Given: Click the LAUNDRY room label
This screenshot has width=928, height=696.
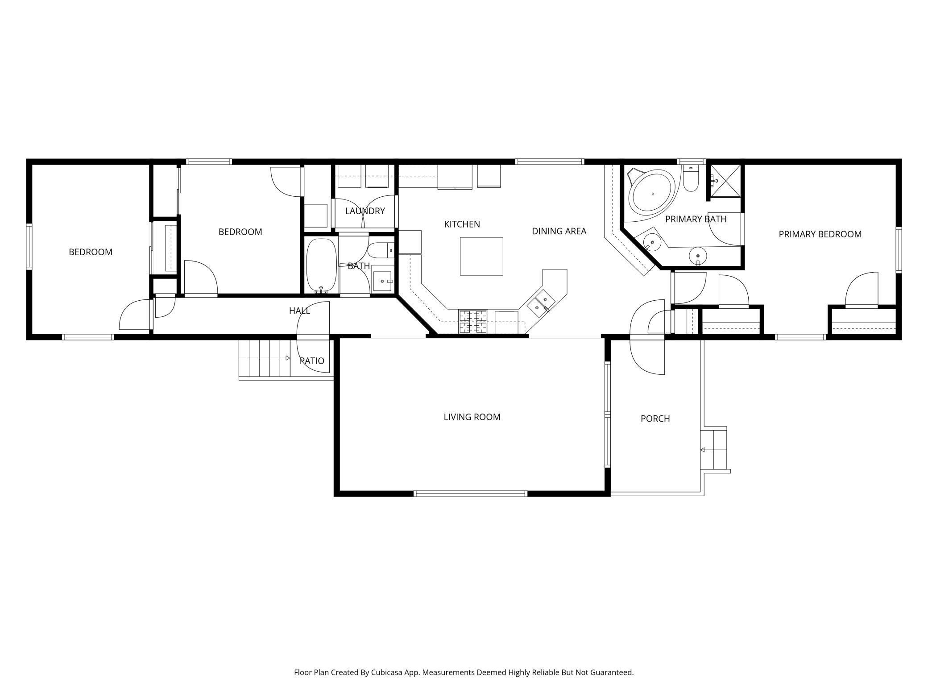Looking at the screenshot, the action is pyautogui.click(x=365, y=211).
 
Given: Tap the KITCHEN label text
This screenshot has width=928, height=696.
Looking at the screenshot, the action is pyautogui.click(x=462, y=224).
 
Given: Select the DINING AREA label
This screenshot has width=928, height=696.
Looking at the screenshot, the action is pyautogui.click(x=559, y=231).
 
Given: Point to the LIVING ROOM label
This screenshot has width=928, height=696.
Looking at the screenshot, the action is pyautogui.click(x=472, y=417).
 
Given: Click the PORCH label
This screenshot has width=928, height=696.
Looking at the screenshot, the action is pyautogui.click(x=655, y=418).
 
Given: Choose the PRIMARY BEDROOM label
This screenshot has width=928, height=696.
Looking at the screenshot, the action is pyautogui.click(x=820, y=234).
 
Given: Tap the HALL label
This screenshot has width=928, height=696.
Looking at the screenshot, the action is pyautogui.click(x=299, y=311).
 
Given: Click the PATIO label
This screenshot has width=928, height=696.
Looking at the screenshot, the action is pyautogui.click(x=312, y=361).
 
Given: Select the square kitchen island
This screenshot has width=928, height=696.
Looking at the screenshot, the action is pyautogui.click(x=481, y=256).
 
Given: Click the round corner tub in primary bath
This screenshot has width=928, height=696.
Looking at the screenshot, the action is pyautogui.click(x=653, y=193).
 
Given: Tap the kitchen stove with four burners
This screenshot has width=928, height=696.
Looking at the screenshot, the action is pyautogui.click(x=473, y=322).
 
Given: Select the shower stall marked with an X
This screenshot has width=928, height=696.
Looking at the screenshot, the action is pyautogui.click(x=725, y=181).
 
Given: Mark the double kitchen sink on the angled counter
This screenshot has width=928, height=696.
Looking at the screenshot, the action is pyautogui.click(x=541, y=302).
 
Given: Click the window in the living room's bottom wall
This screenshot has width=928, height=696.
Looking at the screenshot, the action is pyautogui.click(x=470, y=493).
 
